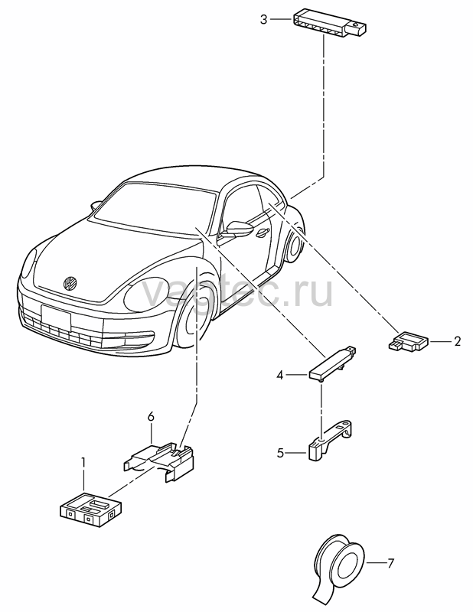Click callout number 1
(83, 463)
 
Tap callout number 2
(457, 341)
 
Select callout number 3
(264, 19)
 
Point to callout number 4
(279, 375)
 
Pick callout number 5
(279, 453)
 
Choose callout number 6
(151, 416)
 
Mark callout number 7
(390, 563)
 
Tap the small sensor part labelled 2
(409, 341)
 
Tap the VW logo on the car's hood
(70, 283)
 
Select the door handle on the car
(262, 233)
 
